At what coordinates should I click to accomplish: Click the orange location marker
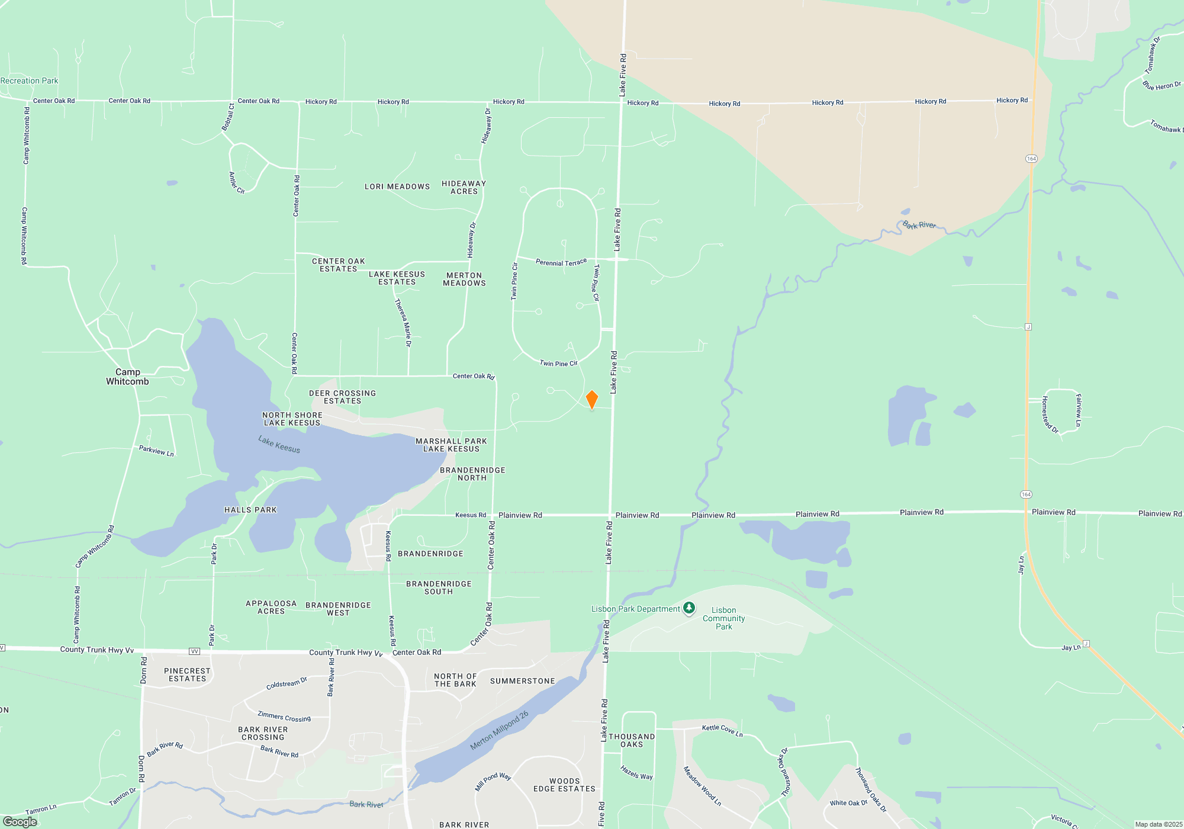[x=591, y=400]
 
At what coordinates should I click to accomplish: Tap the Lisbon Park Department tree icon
[x=688, y=608]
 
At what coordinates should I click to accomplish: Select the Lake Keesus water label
[x=279, y=444]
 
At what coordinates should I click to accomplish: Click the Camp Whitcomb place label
[x=127, y=377]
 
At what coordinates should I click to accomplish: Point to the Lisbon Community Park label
[x=723, y=618]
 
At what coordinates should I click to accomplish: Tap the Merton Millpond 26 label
[x=498, y=731]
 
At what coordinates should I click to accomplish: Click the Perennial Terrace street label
[x=561, y=262]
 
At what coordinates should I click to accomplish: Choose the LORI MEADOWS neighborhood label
[x=397, y=187]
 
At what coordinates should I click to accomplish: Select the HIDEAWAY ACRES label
[x=464, y=187]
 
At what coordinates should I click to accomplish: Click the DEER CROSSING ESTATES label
[x=342, y=397]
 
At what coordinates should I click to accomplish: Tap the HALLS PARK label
[x=250, y=510]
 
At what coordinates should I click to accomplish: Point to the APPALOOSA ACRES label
[x=271, y=607]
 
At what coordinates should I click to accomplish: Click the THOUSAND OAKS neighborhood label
[x=632, y=740]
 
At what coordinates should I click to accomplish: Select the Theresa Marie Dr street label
[x=403, y=322]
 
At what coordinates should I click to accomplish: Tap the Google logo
[x=20, y=822]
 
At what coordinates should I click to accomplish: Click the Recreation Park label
[x=29, y=81]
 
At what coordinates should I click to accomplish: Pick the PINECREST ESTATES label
[x=187, y=674]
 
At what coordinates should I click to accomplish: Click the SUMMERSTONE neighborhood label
[x=522, y=681]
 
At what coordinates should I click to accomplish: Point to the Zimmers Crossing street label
[x=284, y=716]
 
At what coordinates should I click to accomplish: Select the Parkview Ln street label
[x=156, y=451]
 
